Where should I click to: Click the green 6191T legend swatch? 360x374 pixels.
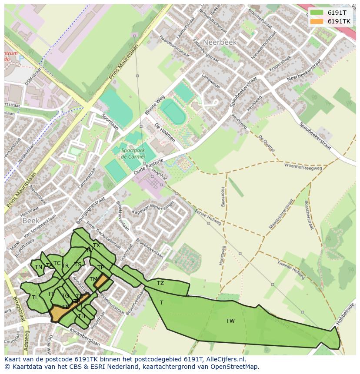pyautogui.click(x=317, y=13)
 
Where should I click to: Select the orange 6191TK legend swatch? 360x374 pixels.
pyautogui.click(x=317, y=21)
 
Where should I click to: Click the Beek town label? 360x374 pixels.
pyautogui.click(x=31, y=221)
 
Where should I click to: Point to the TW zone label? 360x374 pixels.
pyautogui.click(x=230, y=321)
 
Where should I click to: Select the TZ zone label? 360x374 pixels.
pyautogui.click(x=160, y=283)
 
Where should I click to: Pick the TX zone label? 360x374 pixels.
pyautogui.click(x=97, y=245)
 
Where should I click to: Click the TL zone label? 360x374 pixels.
pyautogui.click(x=35, y=298)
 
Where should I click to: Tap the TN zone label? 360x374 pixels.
pyautogui.click(x=38, y=267)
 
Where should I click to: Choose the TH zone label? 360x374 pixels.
pyautogui.click(x=81, y=316)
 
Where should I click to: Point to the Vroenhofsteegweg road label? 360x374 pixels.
pyautogui.click(x=303, y=167)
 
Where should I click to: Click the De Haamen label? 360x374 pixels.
pyautogui.click(x=165, y=132)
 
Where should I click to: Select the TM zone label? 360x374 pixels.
pyautogui.click(x=93, y=279)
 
